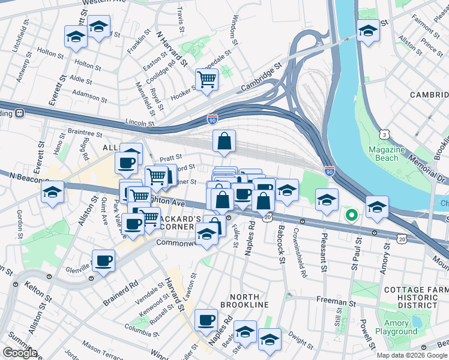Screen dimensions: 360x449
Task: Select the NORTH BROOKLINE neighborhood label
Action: tap(244, 301)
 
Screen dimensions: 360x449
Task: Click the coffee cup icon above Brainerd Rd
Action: tap(104, 261)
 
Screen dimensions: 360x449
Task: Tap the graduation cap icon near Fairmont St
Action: tap(367, 31)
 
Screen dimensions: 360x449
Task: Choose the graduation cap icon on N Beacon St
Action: tap(53, 192)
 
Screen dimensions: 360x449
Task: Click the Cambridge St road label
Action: tap(261, 78)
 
